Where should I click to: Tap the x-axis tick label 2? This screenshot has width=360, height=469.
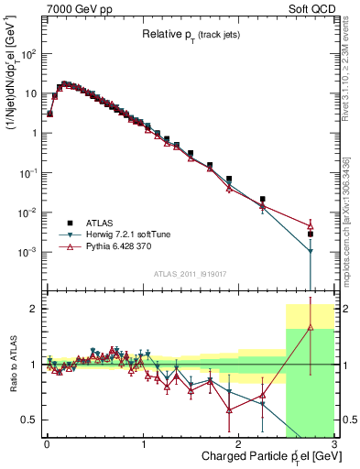tap(238, 442)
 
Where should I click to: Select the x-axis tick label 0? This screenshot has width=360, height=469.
tap(47, 442)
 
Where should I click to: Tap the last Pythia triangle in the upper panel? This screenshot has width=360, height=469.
tap(311, 225)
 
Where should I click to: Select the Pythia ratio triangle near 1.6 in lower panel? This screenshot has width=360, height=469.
tap(311, 327)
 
